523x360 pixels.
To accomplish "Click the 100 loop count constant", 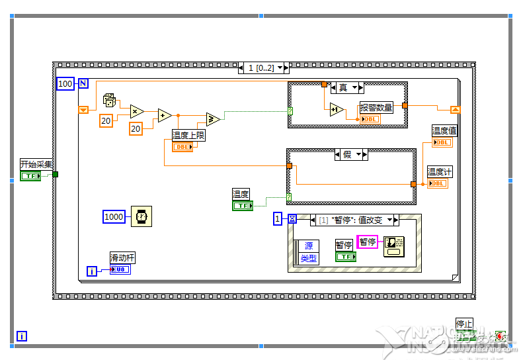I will click(65, 84).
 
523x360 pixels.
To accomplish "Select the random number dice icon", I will click(110, 101).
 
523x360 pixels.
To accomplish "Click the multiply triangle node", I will click(137, 111).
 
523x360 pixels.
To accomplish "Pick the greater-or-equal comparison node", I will click(213, 119).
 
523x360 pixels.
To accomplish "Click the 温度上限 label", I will click(188, 135).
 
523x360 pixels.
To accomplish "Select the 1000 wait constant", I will click(114, 216).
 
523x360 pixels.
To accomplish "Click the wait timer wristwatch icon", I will click(140, 216).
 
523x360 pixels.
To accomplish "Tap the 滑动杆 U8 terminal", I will click(120, 269).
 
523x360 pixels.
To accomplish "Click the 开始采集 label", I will click(36, 164).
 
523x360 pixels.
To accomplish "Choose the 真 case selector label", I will click(343, 87).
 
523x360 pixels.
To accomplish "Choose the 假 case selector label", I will click(346, 154).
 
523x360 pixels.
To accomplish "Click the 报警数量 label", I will click(376, 108).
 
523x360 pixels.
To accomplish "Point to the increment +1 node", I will click(336, 110).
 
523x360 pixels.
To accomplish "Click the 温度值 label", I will click(444, 131).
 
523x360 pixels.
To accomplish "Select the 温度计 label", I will click(440, 172).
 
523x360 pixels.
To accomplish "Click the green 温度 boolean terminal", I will click(242, 206).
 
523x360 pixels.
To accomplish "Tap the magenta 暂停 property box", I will click(367, 242).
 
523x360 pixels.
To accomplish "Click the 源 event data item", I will click(308, 246).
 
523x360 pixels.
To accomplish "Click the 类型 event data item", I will click(308, 259).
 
